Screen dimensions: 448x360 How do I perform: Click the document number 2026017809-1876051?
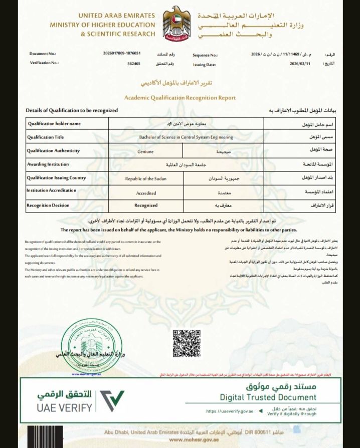(x=121, y=53)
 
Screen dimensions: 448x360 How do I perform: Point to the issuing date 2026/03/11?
(x=301, y=64)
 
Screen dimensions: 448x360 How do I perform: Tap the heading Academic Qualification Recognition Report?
(x=180, y=98)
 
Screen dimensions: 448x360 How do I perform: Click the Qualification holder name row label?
(x=54, y=123)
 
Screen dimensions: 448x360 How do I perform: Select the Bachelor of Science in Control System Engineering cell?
(x=186, y=137)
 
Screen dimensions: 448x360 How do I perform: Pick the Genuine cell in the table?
(x=145, y=151)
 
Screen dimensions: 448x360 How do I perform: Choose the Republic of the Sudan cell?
(x=145, y=178)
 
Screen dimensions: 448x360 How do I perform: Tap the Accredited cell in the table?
(x=146, y=192)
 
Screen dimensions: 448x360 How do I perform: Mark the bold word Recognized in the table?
(x=146, y=205)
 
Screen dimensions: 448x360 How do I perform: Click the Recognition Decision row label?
(x=48, y=205)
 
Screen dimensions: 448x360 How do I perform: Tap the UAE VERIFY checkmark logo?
(x=112, y=400)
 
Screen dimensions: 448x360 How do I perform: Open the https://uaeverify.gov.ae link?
(x=229, y=411)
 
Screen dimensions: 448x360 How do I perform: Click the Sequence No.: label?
(x=205, y=55)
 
